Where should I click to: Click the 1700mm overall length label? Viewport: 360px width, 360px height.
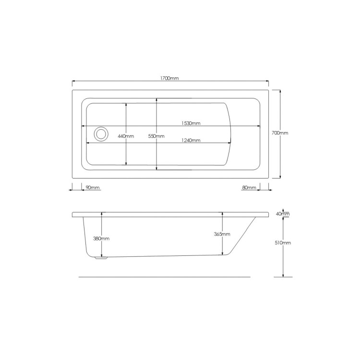(169, 78)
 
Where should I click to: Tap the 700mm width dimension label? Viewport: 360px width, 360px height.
(280, 132)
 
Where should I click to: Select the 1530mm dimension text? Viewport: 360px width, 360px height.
(191, 123)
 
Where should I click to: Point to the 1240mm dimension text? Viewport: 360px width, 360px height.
(191, 140)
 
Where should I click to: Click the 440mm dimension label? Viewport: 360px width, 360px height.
(126, 136)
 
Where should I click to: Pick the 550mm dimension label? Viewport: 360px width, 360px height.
(156, 136)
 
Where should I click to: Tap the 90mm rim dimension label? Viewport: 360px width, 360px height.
(93, 188)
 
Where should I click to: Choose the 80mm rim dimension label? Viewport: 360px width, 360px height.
(249, 188)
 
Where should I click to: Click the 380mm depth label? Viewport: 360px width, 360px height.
(101, 238)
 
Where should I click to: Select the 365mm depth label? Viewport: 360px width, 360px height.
(222, 234)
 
